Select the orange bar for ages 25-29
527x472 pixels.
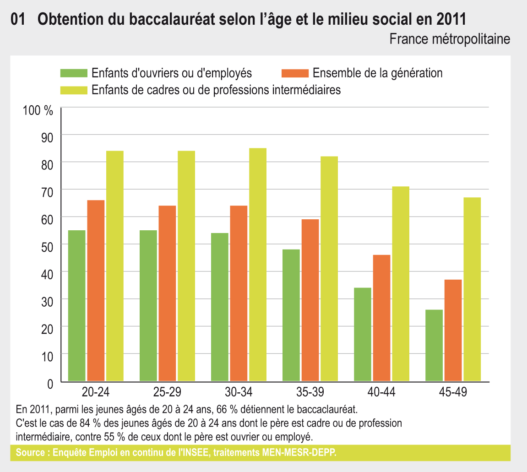[167, 293]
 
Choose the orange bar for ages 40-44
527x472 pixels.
[381, 318]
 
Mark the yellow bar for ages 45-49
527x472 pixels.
[472, 289]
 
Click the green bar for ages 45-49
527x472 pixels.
[434, 345]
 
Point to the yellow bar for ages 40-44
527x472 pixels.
[400, 283]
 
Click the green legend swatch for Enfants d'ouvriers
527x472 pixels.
[74, 73]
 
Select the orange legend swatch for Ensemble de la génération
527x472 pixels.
[295, 73]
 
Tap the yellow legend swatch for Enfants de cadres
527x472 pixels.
[74, 90]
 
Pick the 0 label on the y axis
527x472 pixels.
[50, 383]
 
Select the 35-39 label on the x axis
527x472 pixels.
[310, 392]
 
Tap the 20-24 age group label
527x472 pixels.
[96, 392]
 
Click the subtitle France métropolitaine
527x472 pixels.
[449, 39]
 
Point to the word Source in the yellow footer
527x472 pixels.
[29, 453]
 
